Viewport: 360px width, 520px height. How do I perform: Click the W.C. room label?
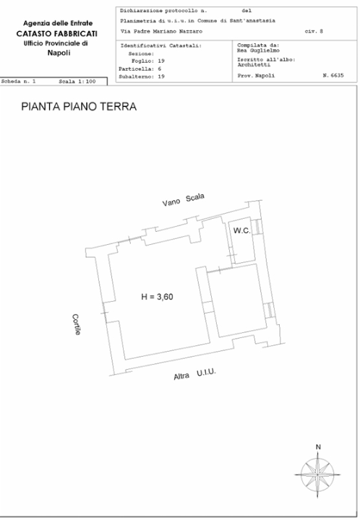[241, 230]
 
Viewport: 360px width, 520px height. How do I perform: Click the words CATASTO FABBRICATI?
[53, 34]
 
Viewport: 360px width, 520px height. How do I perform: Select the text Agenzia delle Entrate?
[55, 24]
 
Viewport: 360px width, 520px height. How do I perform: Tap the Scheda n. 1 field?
[20, 82]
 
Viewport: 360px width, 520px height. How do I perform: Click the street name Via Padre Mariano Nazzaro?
[161, 32]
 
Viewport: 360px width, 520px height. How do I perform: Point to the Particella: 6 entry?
[141, 69]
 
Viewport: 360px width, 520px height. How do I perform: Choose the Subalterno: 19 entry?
[142, 76]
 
